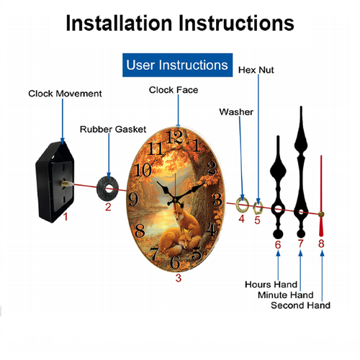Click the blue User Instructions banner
pyautogui.click(x=177, y=65)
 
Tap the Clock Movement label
pyautogui.click(x=65, y=94)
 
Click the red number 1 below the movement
pyautogui.click(x=66, y=217)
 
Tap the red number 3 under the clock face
pyautogui.click(x=179, y=278)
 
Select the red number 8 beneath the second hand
pyautogui.click(x=321, y=243)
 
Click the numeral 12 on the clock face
pyautogui.click(x=174, y=138)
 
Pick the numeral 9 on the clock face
pyautogui.click(x=133, y=199)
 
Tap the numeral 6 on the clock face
pyautogui.click(x=175, y=262)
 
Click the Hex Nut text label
pyautogui.click(x=256, y=70)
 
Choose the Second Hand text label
pyautogui.click(x=300, y=305)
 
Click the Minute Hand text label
pyautogui.click(x=286, y=294)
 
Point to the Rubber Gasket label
pyautogui.click(x=113, y=130)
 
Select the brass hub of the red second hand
pyautogui.click(x=321, y=214)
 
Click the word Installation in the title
pyautogui.click(x=119, y=23)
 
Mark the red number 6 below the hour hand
pyautogui.click(x=278, y=245)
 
